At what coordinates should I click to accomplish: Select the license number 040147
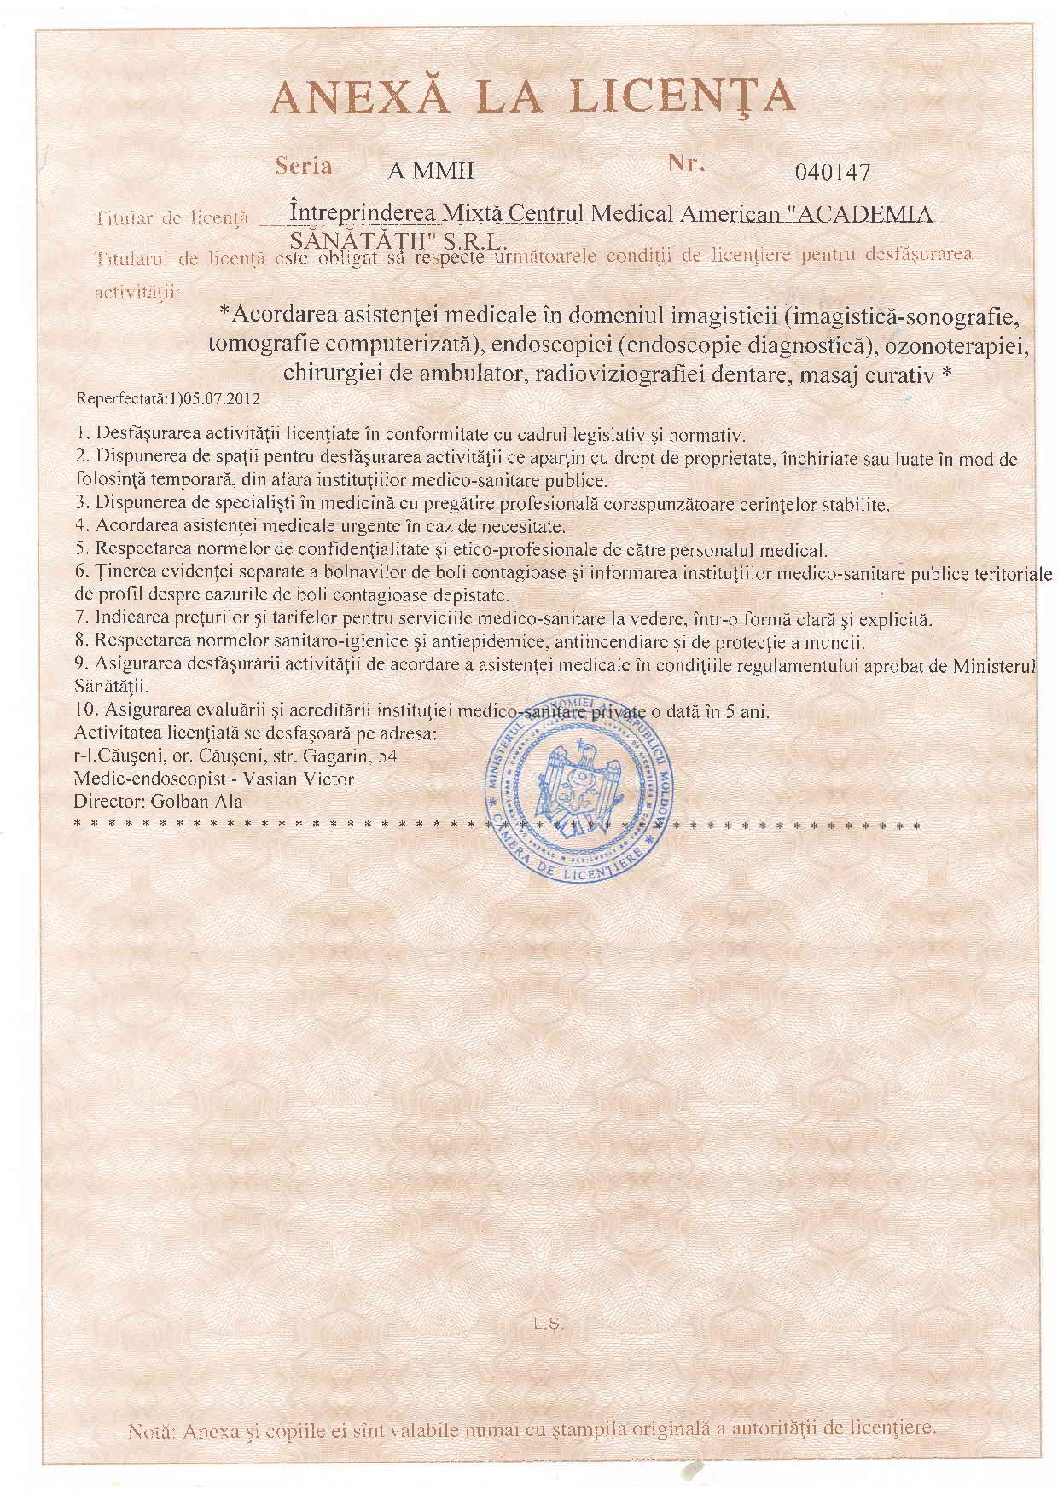[x=832, y=173]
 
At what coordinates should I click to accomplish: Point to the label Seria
[x=304, y=166]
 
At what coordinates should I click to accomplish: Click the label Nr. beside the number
[x=686, y=165]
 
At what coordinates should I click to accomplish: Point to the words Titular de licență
[x=171, y=217]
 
